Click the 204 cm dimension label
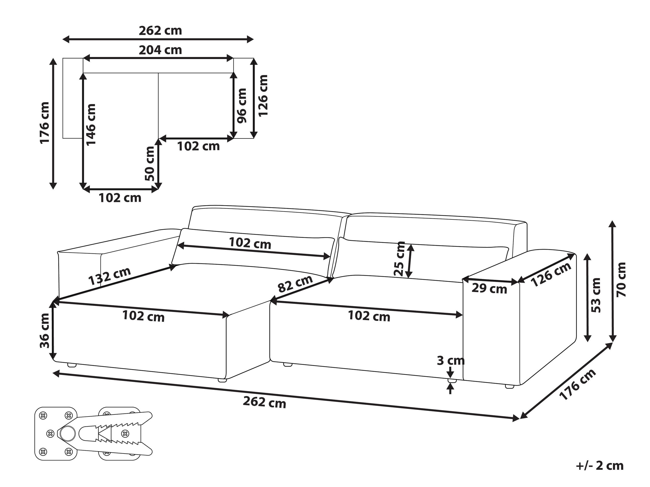(x=160, y=50)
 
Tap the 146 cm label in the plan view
(x=91, y=124)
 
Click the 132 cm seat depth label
(x=109, y=276)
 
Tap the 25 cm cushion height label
(x=400, y=258)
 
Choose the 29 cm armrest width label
(x=489, y=289)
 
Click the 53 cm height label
(x=596, y=295)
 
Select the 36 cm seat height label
(x=45, y=331)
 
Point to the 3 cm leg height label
(x=450, y=360)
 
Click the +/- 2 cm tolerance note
(x=600, y=466)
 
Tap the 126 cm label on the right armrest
(x=551, y=275)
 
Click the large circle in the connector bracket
(x=68, y=433)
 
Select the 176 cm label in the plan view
(x=45, y=123)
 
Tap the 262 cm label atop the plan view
(x=160, y=30)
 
